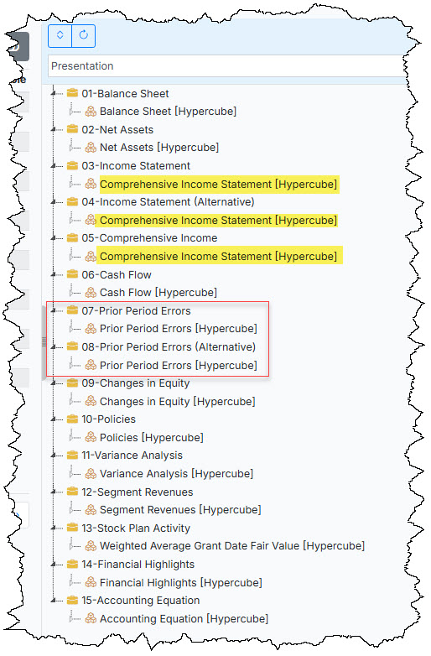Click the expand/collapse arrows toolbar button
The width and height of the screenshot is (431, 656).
(x=60, y=35)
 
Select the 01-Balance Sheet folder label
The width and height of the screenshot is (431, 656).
(x=126, y=93)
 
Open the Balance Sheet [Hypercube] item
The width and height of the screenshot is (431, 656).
(x=168, y=112)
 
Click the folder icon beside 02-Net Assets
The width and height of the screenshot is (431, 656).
(x=72, y=129)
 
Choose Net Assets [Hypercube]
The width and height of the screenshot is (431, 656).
(x=159, y=148)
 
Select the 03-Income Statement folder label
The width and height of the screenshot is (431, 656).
(x=136, y=165)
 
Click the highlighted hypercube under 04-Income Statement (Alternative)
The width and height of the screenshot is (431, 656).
(x=218, y=220)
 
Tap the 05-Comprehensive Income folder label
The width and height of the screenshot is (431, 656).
(x=149, y=237)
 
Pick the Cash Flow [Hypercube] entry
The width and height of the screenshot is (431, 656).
(x=158, y=293)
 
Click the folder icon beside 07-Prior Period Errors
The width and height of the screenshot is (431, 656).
(x=72, y=310)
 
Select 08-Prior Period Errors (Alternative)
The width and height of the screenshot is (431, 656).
(x=169, y=346)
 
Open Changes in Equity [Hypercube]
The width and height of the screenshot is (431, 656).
(x=177, y=402)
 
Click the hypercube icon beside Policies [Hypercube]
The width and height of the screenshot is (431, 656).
(x=91, y=438)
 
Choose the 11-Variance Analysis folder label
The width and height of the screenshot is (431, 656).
(x=132, y=456)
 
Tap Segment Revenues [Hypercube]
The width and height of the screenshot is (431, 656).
(x=180, y=509)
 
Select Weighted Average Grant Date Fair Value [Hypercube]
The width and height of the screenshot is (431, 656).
(x=232, y=546)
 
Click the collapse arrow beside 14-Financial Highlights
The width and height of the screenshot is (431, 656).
(x=54, y=565)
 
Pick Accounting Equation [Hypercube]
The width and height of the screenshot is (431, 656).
(x=184, y=619)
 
